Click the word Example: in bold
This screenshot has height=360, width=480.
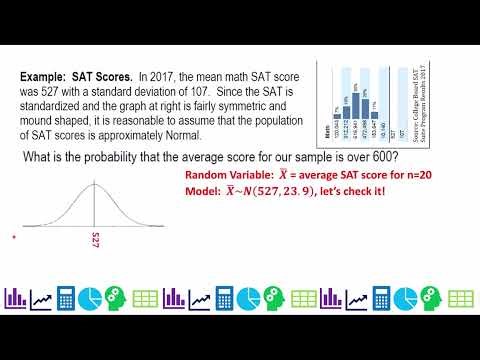pos(50,75)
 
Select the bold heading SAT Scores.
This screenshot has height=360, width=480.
pos(107,75)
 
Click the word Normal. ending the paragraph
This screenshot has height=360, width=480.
pos(183,135)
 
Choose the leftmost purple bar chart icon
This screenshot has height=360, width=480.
pos(16,297)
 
